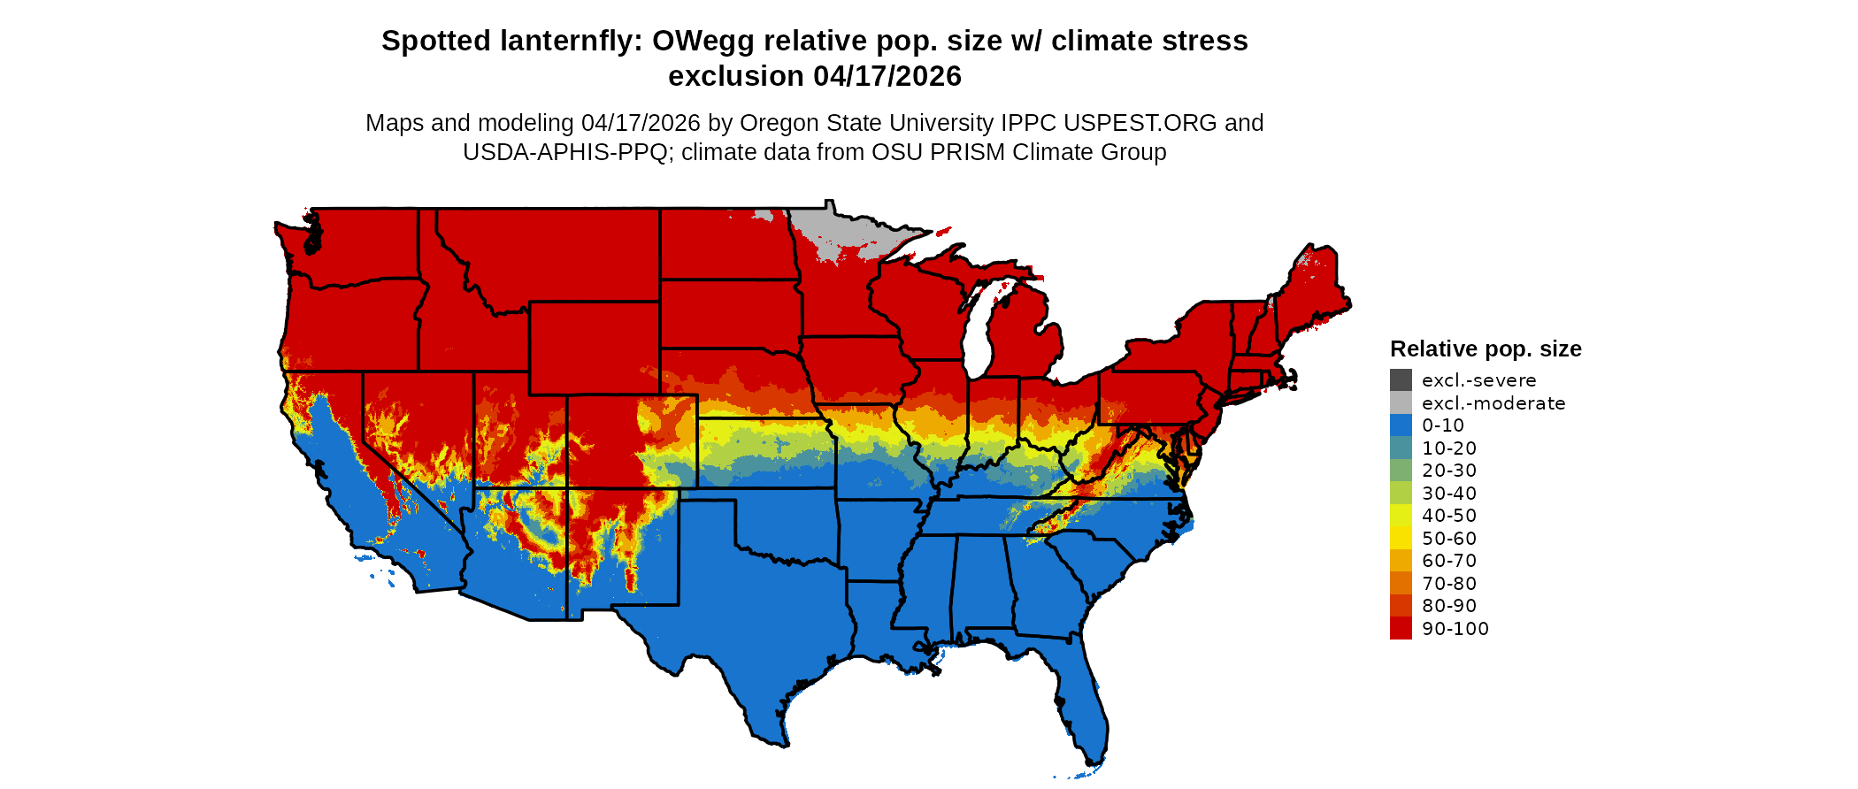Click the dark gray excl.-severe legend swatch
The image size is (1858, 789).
(x=1401, y=380)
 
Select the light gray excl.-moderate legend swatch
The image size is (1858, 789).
(x=1401, y=403)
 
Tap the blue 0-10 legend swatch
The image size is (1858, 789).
(x=1401, y=425)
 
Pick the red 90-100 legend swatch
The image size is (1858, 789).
(x=1401, y=629)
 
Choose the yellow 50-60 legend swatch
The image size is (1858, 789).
(x=1401, y=539)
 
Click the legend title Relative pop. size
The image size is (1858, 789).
(x=1486, y=349)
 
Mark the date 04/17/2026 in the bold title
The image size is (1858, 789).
(x=887, y=76)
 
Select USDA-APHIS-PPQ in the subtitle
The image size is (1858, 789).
(x=565, y=152)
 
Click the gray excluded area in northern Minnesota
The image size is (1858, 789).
(x=832, y=230)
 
